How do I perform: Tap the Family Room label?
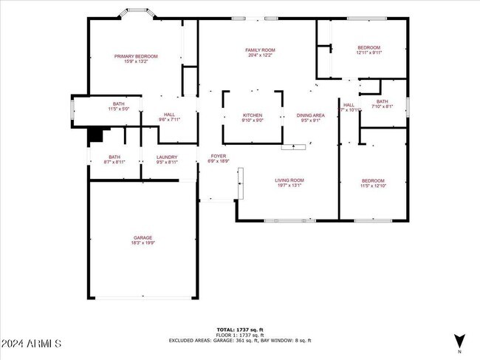tap(259, 50)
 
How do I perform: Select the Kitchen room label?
tap(253, 115)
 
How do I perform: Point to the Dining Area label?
tap(310, 115)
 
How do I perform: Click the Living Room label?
tap(289, 180)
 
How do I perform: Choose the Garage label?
tap(143, 238)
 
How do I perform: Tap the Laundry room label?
tap(167, 157)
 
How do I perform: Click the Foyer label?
tap(219, 156)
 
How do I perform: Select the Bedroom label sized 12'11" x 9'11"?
tap(368, 47)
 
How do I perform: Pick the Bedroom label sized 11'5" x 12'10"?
tap(373, 181)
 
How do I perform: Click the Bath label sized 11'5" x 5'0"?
tap(118, 104)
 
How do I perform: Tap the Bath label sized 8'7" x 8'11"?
tap(114, 157)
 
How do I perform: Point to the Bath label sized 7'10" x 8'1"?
tap(382, 101)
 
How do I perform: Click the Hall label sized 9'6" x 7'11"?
tap(169, 115)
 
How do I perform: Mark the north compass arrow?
tap(459, 340)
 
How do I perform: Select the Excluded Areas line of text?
tap(240, 340)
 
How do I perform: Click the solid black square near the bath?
tap(95, 135)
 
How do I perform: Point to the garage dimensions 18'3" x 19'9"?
tap(143, 242)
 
